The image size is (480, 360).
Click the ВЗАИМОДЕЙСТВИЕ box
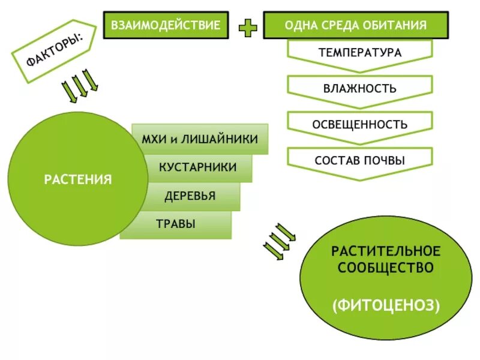(x=166, y=25)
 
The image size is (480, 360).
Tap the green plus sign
(x=248, y=27)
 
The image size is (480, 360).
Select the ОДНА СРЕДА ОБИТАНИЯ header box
(x=356, y=25)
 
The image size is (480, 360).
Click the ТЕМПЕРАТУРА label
(x=360, y=53)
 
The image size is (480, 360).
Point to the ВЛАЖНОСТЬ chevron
(x=360, y=89)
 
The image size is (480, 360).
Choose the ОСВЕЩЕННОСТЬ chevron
(x=360, y=125)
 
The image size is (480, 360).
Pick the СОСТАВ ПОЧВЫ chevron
(x=360, y=161)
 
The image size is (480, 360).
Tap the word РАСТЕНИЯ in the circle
(x=78, y=179)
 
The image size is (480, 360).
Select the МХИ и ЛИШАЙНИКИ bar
(x=200, y=139)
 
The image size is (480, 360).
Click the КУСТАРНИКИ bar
(x=197, y=167)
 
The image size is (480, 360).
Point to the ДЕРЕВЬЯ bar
(x=190, y=196)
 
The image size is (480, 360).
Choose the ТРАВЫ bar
(x=176, y=224)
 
